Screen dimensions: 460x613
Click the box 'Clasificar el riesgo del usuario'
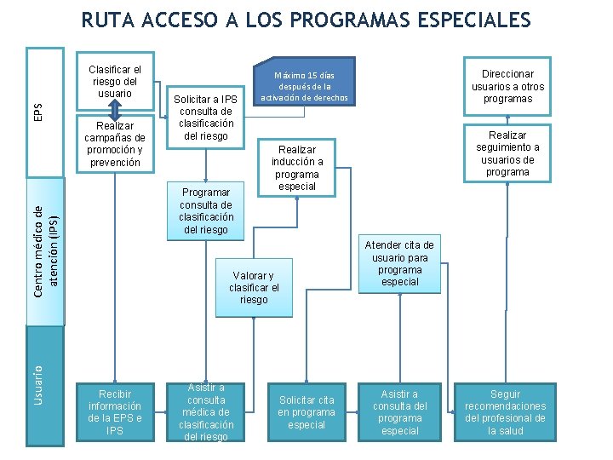115,81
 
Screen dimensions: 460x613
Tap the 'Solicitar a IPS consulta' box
205,118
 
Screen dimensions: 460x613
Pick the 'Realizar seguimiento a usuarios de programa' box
507,153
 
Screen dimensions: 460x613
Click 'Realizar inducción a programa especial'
297,167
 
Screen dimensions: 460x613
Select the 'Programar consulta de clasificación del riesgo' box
205,210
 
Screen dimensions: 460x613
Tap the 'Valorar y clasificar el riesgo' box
254,287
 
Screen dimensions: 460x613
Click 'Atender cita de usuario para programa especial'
399,263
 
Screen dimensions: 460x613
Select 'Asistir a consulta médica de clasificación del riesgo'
206,412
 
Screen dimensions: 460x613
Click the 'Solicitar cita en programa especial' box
306,412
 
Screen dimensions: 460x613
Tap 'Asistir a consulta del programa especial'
400,412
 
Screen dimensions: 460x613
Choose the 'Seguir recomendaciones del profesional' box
505,412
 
